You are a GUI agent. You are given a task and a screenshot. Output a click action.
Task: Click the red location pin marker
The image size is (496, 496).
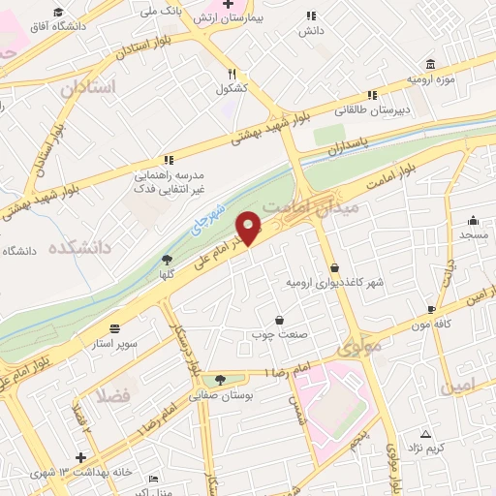251,229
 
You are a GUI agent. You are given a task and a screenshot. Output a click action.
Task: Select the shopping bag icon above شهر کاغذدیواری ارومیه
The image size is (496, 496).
334,267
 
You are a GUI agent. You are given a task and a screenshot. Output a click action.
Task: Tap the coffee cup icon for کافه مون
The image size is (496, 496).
430,310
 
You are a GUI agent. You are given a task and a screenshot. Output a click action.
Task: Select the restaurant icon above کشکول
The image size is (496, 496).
232,73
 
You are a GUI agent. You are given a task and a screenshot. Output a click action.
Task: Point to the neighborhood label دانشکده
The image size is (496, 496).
74,248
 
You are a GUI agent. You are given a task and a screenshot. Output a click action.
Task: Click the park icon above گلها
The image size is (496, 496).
167,259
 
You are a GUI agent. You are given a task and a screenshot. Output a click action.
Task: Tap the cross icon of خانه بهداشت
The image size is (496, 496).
80,456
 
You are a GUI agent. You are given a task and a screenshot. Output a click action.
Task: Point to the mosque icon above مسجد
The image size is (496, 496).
473,220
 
